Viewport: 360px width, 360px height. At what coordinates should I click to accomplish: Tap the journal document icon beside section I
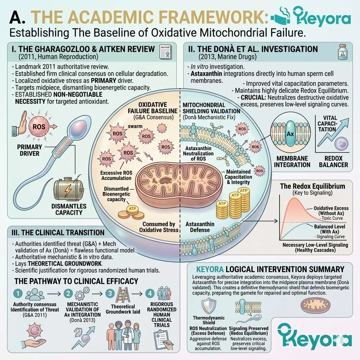point(165,52)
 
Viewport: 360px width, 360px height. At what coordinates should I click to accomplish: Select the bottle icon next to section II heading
point(342,52)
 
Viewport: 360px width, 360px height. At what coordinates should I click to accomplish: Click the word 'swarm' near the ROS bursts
point(135,126)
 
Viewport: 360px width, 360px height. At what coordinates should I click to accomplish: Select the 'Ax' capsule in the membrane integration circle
point(290,134)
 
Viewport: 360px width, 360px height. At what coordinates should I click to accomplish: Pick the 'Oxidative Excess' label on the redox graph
point(331,211)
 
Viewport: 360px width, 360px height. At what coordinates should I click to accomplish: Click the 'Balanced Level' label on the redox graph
point(329,229)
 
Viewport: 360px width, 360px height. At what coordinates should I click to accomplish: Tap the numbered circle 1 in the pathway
point(18,294)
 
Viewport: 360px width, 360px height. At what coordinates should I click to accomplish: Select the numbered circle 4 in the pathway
point(150,293)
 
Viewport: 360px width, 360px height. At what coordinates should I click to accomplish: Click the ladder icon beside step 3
point(123,294)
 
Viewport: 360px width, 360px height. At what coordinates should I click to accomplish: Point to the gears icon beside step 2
point(82,294)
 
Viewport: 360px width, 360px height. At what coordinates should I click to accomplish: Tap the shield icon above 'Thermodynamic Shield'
point(209,306)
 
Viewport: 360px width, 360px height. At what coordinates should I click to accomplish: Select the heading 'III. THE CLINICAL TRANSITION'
point(58,233)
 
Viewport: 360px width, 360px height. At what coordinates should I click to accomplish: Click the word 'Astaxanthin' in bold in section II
point(206,74)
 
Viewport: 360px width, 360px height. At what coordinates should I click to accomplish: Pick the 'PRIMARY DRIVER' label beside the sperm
point(30,150)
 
